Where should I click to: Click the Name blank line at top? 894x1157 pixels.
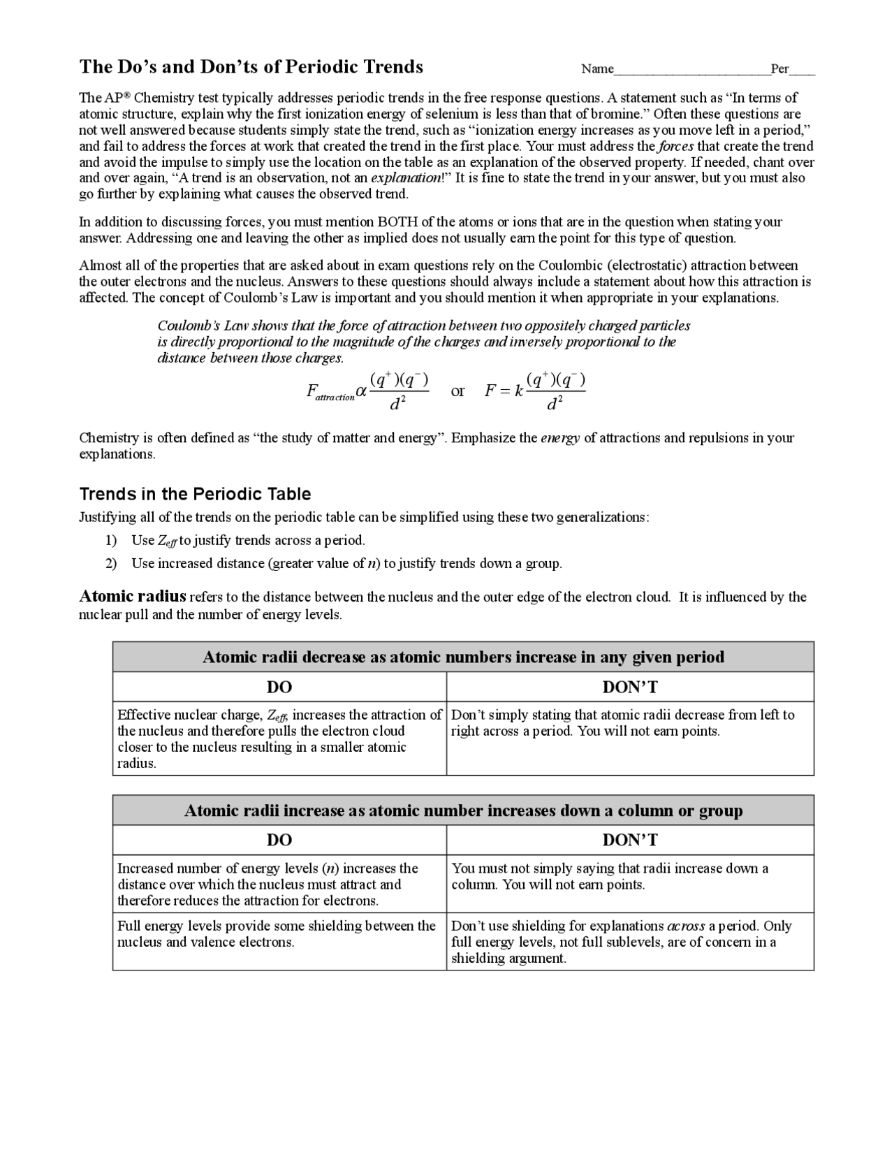[x=691, y=69]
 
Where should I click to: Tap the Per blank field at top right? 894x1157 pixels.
[x=803, y=69]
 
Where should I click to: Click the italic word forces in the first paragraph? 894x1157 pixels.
[x=675, y=146]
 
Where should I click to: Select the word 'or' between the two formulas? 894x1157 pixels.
[x=457, y=391]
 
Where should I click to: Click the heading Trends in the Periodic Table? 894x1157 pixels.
[x=195, y=494]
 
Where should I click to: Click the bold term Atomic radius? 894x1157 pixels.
[x=133, y=596]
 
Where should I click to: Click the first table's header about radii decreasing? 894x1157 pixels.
[x=463, y=657]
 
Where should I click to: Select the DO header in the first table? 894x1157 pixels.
[x=279, y=687]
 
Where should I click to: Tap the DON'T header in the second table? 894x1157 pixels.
[x=630, y=840]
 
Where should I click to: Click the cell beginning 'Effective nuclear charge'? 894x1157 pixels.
[x=279, y=738]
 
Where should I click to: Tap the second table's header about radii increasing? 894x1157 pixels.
[x=463, y=810]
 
